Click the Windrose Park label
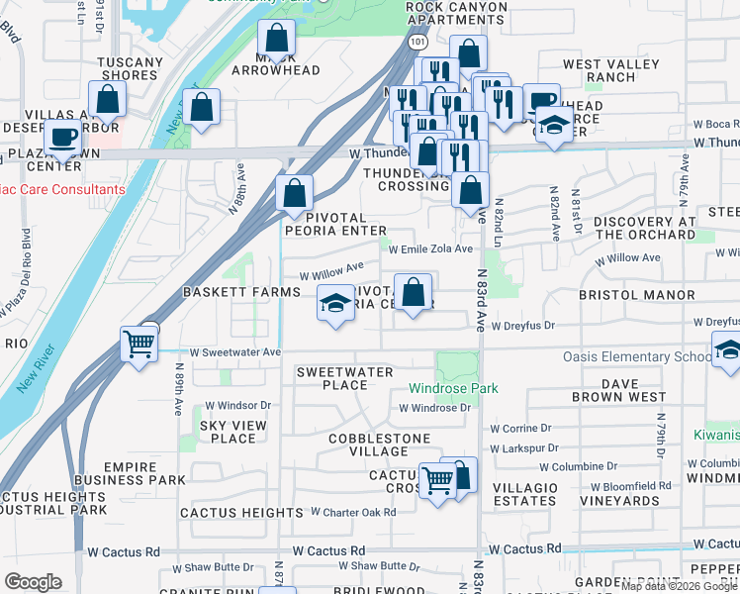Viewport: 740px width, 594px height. [455, 389]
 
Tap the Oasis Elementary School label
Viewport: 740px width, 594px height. [637, 357]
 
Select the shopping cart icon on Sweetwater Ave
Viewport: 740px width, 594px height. [139, 344]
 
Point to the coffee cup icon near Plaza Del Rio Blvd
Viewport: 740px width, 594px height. [64, 137]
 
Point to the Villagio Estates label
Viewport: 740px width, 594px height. [524, 494]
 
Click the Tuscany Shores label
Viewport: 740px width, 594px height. [130, 68]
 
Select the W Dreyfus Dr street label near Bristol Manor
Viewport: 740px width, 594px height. [522, 325]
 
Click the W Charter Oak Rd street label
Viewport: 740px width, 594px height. [353, 512]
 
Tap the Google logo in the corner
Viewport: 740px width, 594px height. [34, 582]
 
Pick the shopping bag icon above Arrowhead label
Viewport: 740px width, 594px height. [277, 40]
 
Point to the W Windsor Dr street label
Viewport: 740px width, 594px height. [237, 406]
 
